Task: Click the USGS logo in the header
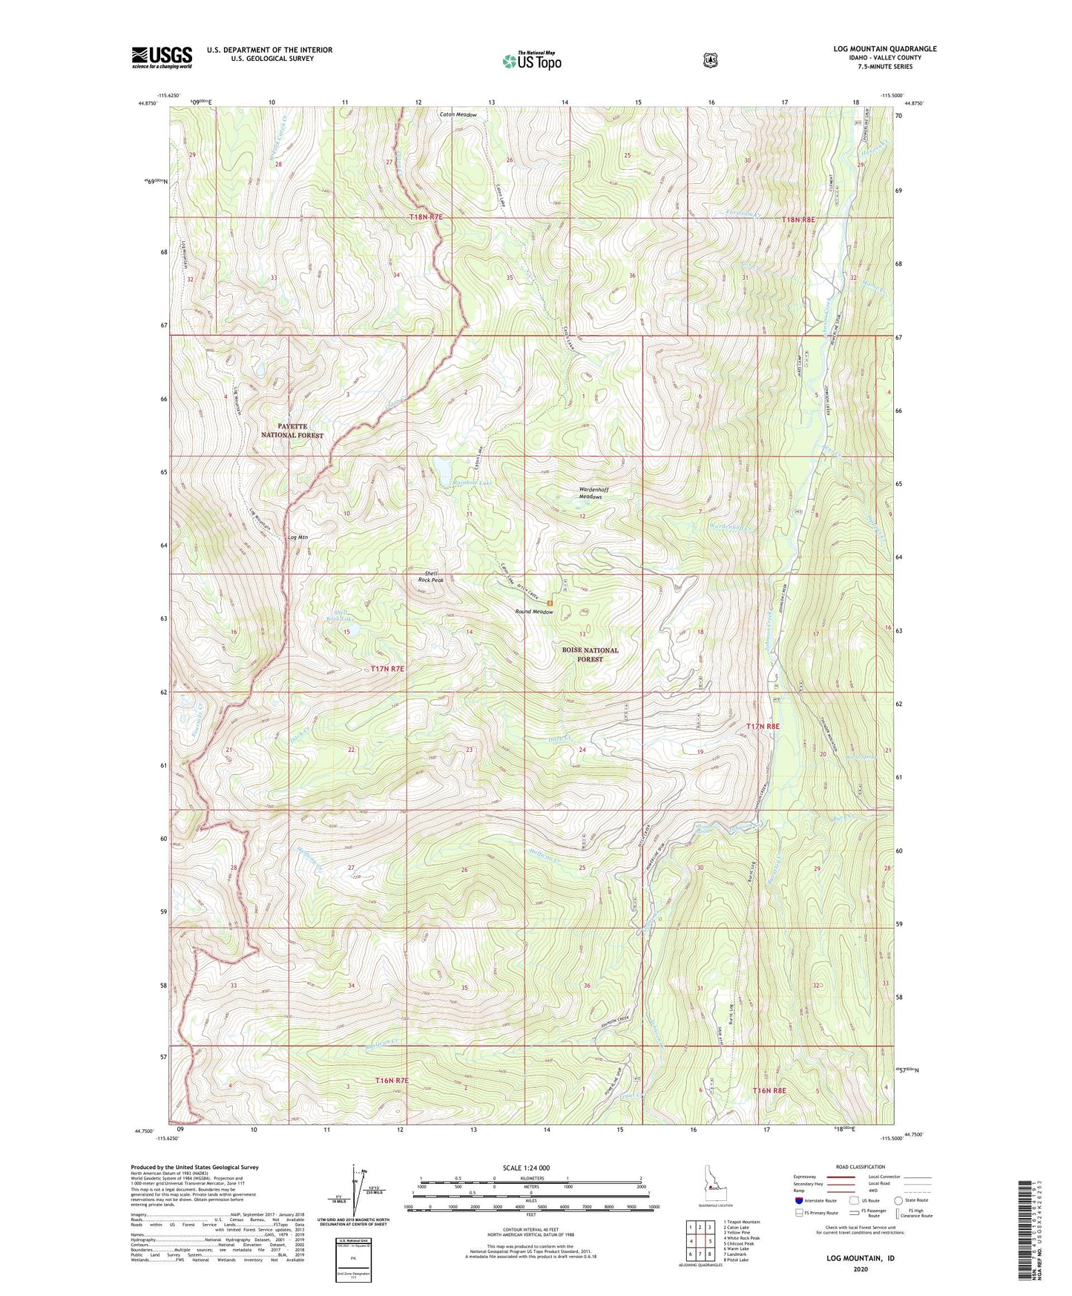point(162,57)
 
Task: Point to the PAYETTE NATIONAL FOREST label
point(292,431)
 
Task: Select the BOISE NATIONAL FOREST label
point(590,655)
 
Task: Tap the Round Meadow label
point(534,612)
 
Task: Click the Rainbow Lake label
point(473,483)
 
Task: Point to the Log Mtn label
point(297,537)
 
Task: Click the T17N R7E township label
point(388,669)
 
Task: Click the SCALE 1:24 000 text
point(526,1168)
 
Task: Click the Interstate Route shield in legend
point(798,1200)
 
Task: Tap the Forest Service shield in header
point(711,60)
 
